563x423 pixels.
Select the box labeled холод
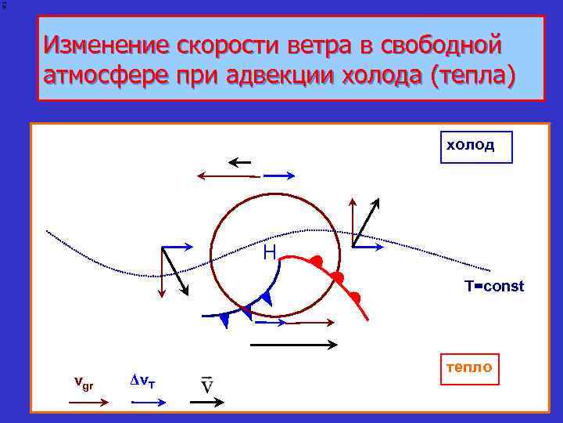(x=476, y=146)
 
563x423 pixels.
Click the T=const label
(x=494, y=286)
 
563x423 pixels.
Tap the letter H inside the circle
(x=270, y=252)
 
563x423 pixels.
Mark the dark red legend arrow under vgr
(x=88, y=401)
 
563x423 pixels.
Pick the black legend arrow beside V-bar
(x=207, y=401)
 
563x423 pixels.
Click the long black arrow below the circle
(x=293, y=344)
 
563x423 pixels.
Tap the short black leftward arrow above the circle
(x=239, y=163)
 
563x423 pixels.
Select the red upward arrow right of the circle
(x=353, y=223)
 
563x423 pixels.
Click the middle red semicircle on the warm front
(x=337, y=277)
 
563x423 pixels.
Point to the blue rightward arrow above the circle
(x=281, y=176)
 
